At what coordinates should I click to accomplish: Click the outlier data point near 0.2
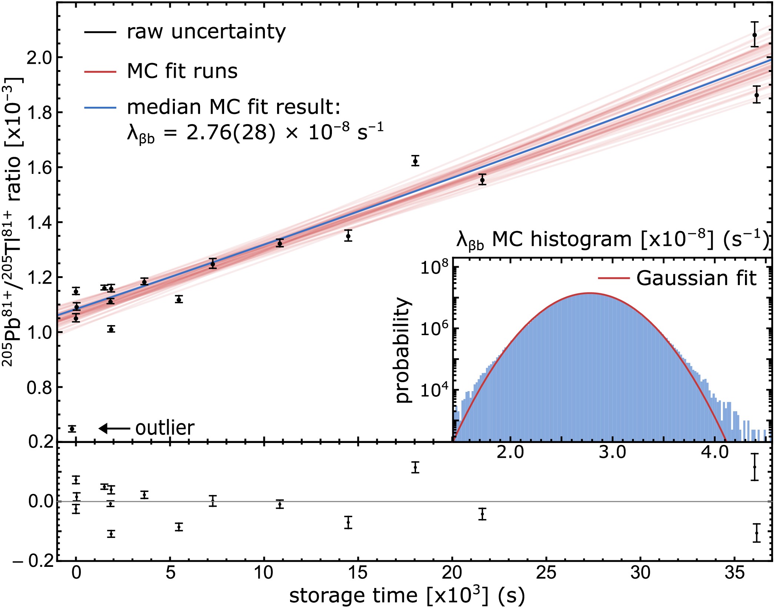pyautogui.click(x=72, y=429)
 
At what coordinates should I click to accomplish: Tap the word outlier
pyautogui.click(x=165, y=428)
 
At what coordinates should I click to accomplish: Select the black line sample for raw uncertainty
pyautogui.click(x=100, y=32)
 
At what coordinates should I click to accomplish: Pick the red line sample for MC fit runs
pyautogui.click(x=100, y=71)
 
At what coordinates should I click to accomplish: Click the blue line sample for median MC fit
pyautogui.click(x=100, y=108)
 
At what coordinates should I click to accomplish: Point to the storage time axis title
pyautogui.click(x=406, y=596)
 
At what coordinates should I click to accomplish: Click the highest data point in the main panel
pyautogui.click(x=755, y=35)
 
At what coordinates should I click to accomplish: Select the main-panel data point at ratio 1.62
pyautogui.click(x=415, y=161)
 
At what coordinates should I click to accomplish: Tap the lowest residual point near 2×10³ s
pyautogui.click(x=111, y=534)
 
